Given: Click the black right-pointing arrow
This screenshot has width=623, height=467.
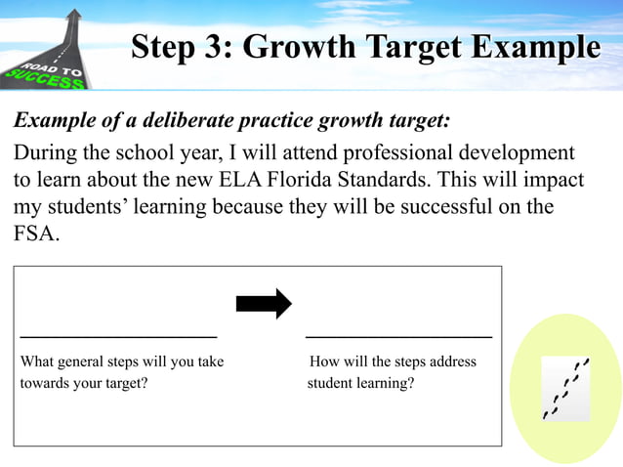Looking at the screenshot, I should click(264, 304).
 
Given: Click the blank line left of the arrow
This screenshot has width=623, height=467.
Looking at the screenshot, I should click(118, 335).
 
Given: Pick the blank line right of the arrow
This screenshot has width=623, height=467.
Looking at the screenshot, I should click(399, 335).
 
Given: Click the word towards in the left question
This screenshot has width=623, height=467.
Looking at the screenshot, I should click(50, 383).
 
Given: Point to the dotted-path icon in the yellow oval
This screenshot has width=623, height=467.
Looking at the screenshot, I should click(566, 388).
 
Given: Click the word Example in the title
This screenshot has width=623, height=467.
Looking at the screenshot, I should click(535, 47).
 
